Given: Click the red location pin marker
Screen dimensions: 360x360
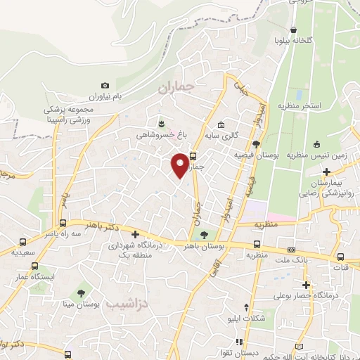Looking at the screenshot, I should click(x=181, y=165).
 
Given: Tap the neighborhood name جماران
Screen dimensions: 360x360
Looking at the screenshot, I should click(x=175, y=88).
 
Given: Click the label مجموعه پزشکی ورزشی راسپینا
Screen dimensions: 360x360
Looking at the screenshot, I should click(x=70, y=114).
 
